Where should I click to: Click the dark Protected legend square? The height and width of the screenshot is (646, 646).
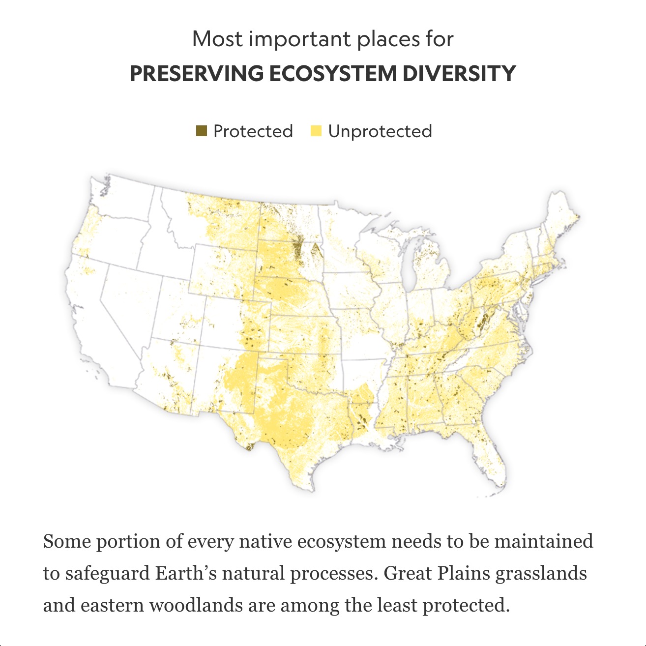(201, 131)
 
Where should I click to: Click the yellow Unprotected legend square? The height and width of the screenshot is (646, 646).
(316, 131)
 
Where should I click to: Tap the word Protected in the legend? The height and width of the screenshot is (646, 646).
(253, 131)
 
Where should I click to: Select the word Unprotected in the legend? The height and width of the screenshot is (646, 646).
(380, 131)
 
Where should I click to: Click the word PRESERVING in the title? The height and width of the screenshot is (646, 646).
(196, 74)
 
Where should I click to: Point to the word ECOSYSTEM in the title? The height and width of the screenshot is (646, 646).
(332, 74)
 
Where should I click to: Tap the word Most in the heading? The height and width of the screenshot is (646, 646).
(216, 39)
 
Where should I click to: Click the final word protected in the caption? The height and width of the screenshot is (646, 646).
(465, 605)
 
